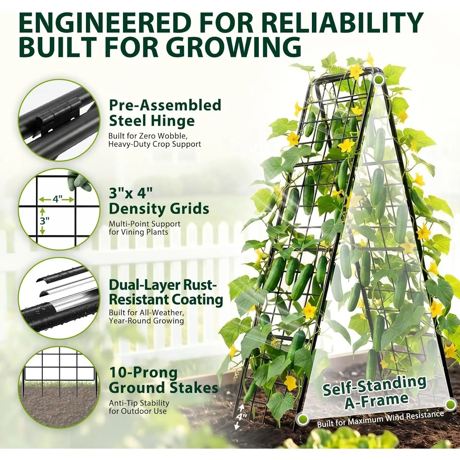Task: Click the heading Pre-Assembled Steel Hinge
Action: [165, 113]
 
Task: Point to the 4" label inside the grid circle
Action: [57, 199]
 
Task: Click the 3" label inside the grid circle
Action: [45, 220]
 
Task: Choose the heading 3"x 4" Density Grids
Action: [159, 201]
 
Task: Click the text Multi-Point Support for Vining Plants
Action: [144, 228]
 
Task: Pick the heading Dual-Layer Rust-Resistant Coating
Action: [166, 292]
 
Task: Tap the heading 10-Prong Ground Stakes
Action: [163, 380]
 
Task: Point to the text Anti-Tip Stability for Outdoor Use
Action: [139, 407]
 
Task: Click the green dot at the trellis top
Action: [379, 79]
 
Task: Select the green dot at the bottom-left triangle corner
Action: [302, 418]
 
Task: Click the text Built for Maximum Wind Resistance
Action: [380, 419]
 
